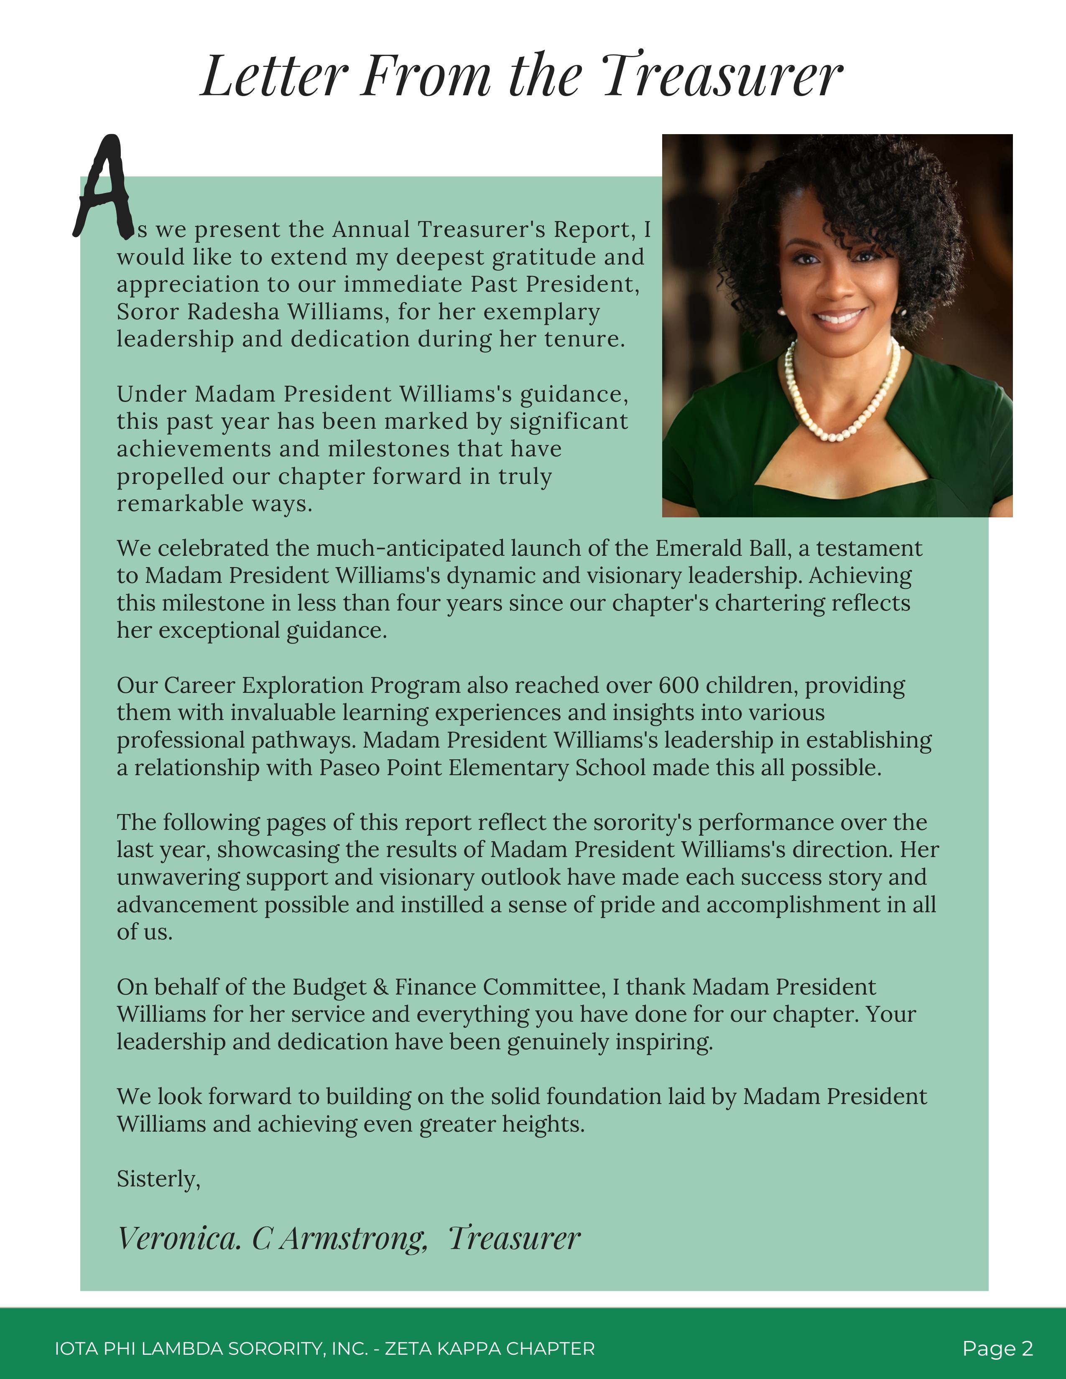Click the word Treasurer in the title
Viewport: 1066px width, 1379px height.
coord(722,76)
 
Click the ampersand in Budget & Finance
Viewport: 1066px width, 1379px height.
coord(380,987)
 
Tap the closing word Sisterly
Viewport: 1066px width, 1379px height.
coord(158,1179)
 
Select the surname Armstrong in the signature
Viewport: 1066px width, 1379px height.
coord(354,1239)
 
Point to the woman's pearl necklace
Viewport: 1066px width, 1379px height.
coord(840,404)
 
